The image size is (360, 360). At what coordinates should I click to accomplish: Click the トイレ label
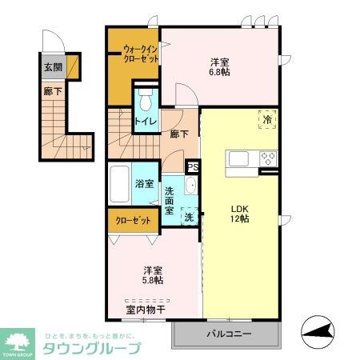point(145,122)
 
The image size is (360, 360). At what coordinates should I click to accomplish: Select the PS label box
point(192,166)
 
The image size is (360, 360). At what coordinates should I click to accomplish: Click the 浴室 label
point(145,184)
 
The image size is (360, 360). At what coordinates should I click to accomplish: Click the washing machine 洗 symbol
point(189,216)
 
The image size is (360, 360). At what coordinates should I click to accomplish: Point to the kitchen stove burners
point(266,158)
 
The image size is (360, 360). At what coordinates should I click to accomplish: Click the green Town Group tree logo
point(19,340)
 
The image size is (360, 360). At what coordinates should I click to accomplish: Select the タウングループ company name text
point(92,347)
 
